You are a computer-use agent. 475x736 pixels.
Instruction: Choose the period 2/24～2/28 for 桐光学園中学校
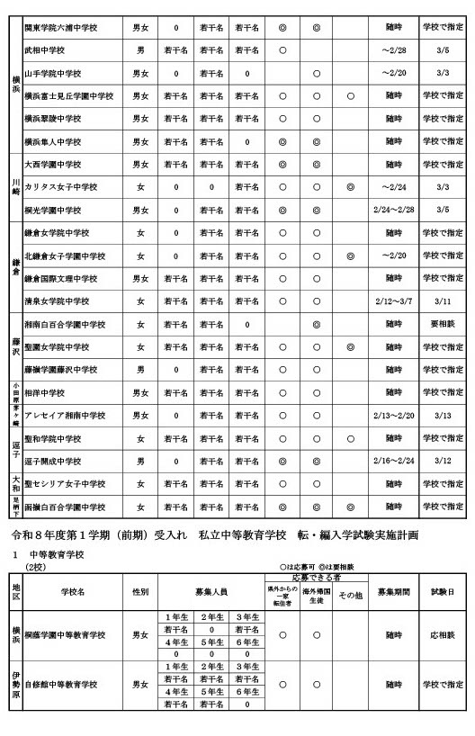(393, 210)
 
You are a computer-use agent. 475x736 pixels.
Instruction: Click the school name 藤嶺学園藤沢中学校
(73, 370)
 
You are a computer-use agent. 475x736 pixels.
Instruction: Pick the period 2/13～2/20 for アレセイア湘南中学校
(393, 416)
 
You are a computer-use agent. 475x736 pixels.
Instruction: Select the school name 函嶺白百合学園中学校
(76, 507)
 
